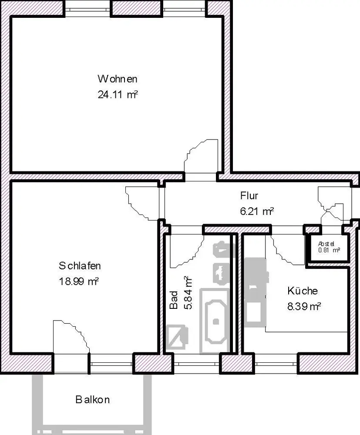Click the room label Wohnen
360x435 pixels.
pyautogui.click(x=118, y=79)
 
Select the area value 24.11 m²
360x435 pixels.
pyautogui.click(x=118, y=94)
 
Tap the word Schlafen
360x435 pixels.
pyautogui.click(x=80, y=266)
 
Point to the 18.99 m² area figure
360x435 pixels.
pyautogui.click(x=79, y=281)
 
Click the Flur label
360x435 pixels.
pyautogui.click(x=249, y=196)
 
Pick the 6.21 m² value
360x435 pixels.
pyautogui.click(x=257, y=211)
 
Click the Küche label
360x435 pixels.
pyautogui.click(x=303, y=291)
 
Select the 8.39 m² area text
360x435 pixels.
pyautogui.click(x=304, y=307)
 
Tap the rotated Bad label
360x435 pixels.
pyautogui.click(x=174, y=300)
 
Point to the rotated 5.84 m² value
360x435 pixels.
pyautogui.click(x=188, y=293)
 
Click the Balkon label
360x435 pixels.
pyautogui.click(x=92, y=399)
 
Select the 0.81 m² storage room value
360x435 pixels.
pyautogui.click(x=329, y=250)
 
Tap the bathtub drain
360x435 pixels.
pyautogui.click(x=216, y=322)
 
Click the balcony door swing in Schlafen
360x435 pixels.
pyautogui.click(x=75, y=333)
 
